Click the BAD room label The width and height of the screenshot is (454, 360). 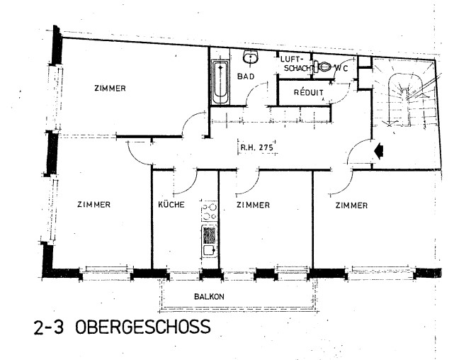[246, 77]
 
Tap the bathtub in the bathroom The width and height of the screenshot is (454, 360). [221, 82]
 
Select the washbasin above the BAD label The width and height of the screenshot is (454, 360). [251, 57]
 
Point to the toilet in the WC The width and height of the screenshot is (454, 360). [322, 67]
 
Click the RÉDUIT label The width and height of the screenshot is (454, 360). [308, 92]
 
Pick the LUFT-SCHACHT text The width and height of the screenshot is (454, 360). [295, 64]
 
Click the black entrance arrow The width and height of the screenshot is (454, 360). [379, 151]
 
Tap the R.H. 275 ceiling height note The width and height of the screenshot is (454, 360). [256, 147]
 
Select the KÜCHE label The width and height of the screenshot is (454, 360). [171, 205]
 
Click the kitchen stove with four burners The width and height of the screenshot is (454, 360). [210, 212]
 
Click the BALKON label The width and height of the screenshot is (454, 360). [209, 296]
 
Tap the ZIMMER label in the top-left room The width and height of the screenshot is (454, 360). [110, 88]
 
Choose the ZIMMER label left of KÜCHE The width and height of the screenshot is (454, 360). [93, 205]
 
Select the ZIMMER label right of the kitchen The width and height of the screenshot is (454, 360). [253, 205]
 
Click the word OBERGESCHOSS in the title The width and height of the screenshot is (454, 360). [143, 327]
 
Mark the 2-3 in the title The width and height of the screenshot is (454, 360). [48, 327]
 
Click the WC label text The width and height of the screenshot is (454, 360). [341, 69]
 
